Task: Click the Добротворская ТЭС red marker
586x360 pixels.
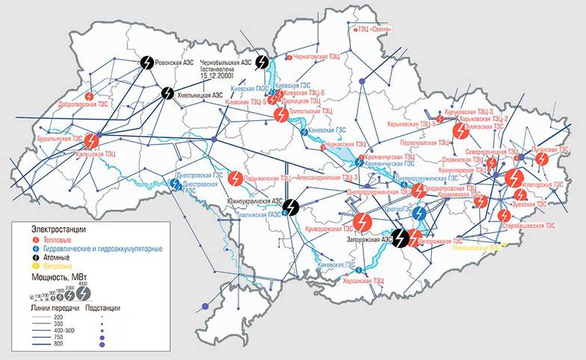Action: pyautogui.click(x=90, y=96)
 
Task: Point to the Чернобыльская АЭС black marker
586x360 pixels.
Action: pyautogui.click(x=262, y=62)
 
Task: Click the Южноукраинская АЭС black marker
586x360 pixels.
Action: pyautogui.click(x=292, y=205)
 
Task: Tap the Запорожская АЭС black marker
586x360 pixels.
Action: pyautogui.click(x=401, y=237)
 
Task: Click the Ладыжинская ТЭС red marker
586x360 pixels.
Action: pyautogui.click(x=235, y=179)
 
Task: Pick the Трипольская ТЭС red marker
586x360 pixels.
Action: pyautogui.click(x=281, y=114)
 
